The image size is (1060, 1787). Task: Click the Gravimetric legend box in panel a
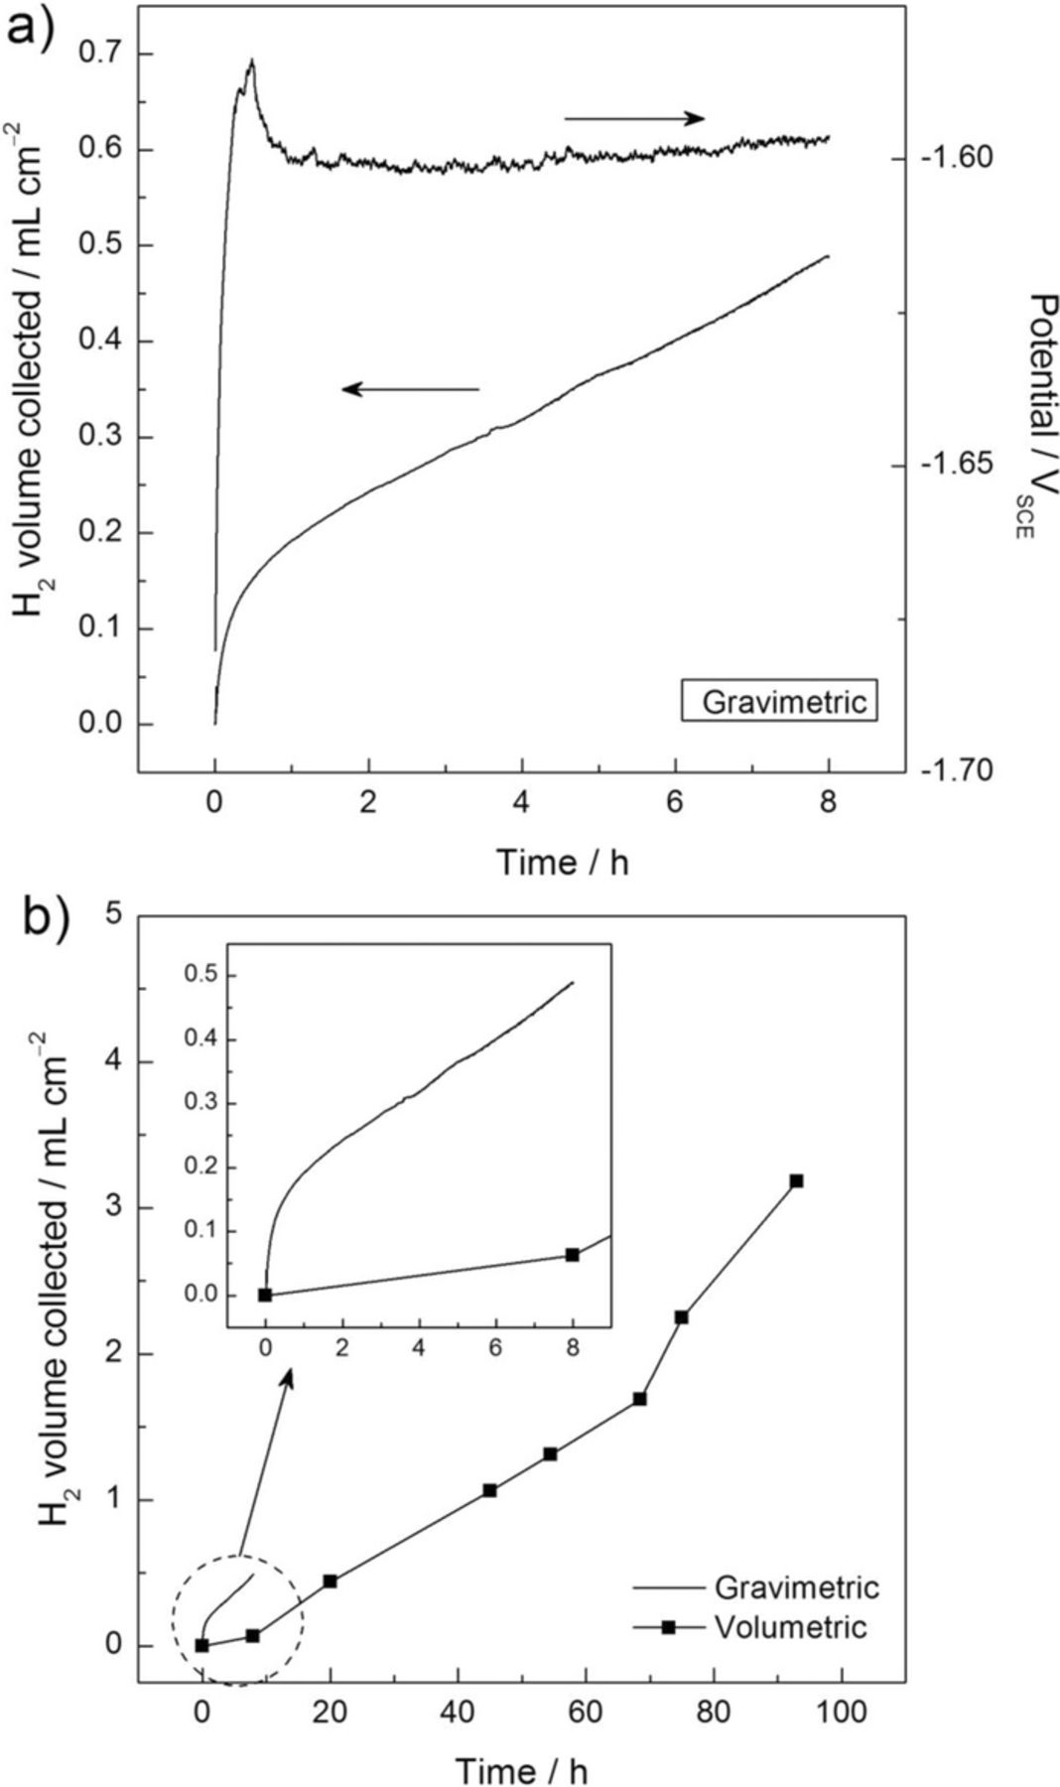[x=779, y=701]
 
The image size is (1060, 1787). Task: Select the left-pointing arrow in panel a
[x=411, y=389]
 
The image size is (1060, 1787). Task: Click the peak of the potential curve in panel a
[x=252, y=62]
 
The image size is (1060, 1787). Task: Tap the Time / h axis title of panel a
[x=563, y=862]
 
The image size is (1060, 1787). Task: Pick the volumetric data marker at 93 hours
[x=796, y=1180]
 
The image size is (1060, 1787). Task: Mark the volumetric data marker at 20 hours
[x=331, y=1581]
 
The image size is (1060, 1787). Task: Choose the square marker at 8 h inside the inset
[x=572, y=1254]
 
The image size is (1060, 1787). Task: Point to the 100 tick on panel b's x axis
[x=842, y=1712]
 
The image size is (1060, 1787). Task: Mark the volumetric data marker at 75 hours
[x=681, y=1316]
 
